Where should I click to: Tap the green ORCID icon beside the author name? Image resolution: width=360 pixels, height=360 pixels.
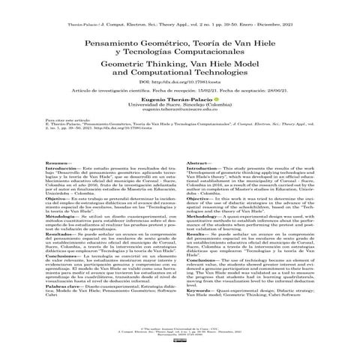click(217, 119)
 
